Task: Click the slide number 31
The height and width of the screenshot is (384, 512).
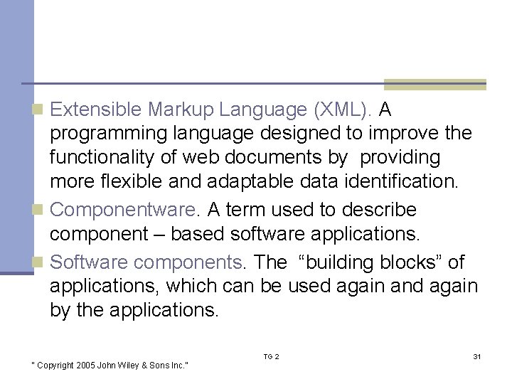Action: click(476, 356)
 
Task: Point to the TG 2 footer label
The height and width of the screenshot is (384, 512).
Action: click(271, 356)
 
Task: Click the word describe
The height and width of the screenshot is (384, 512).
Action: click(380, 210)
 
